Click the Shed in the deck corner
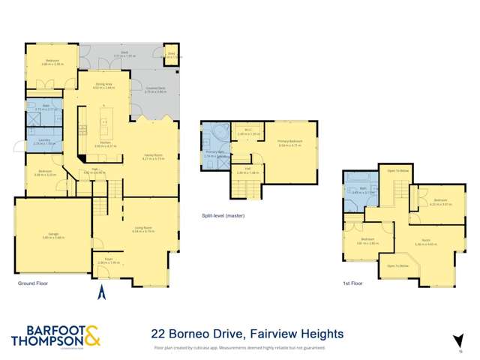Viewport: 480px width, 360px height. (x=171, y=54)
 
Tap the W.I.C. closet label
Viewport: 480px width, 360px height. (x=247, y=130)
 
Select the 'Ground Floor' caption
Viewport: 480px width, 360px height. (x=32, y=285)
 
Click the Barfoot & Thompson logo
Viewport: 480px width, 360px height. (x=56, y=335)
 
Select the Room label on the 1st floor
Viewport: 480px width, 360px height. (x=425, y=241)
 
